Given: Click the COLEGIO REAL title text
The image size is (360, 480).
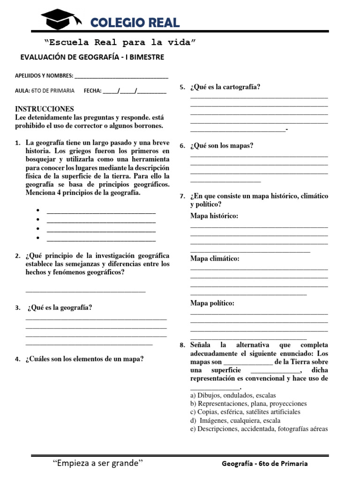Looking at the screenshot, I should tap(135, 22).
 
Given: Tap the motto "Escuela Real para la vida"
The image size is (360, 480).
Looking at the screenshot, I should tap(120, 43).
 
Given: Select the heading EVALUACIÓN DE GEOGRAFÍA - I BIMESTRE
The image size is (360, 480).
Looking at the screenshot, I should tap(92, 57).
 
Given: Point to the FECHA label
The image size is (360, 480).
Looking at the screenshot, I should tap(92, 91).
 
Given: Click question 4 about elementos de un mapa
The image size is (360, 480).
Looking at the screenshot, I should tap(84, 359).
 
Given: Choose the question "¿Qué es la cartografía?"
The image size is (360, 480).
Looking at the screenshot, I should tap(225, 87).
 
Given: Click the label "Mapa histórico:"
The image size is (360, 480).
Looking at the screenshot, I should tap(214, 216).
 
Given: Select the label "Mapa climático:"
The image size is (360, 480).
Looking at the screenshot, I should tap(215, 258).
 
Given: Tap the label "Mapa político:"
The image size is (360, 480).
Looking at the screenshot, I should tap(212, 303).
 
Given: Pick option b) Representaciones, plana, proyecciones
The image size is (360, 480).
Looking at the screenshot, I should tap(248, 403).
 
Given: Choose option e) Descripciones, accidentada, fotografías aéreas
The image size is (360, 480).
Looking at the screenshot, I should tap(259, 428).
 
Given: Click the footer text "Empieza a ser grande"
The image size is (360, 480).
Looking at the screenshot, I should tap(97, 463).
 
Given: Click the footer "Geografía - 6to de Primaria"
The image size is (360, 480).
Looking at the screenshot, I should tap(265, 463).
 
